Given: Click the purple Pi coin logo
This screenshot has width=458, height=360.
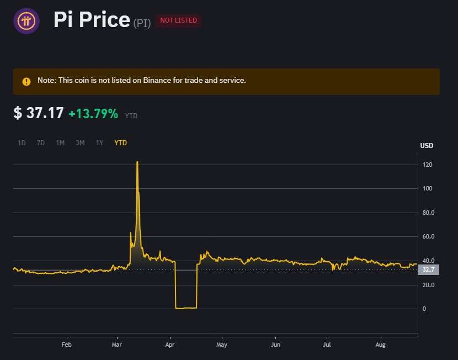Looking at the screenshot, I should click(26, 21).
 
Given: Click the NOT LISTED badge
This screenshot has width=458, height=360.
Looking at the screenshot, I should click(178, 20).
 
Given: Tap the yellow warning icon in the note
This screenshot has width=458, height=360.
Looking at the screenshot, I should click(26, 81).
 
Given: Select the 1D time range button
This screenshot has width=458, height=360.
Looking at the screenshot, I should click(22, 143).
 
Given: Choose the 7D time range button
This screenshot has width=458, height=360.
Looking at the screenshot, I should click(41, 143).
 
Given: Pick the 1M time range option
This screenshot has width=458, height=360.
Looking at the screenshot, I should click(60, 143).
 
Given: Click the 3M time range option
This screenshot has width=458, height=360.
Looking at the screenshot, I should click(80, 143).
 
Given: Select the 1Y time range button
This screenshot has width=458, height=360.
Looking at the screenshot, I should click(99, 143).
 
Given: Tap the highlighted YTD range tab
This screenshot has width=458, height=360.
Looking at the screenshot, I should click(120, 143).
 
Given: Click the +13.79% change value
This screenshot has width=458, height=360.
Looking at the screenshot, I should click(93, 114).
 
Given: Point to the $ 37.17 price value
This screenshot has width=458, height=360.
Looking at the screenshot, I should click(39, 114).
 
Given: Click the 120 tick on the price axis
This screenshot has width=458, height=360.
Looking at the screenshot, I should click(427, 165).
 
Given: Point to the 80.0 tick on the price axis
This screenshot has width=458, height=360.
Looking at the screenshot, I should click(428, 213).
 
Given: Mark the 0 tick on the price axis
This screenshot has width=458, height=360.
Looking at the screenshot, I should click(424, 309).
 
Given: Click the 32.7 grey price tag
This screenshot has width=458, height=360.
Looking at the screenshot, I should click(428, 270).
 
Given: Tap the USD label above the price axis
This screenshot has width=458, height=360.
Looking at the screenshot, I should click(427, 146).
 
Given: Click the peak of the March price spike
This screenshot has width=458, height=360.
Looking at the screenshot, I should click(137, 162).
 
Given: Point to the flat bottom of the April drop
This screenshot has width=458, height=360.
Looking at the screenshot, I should click(186, 308).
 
